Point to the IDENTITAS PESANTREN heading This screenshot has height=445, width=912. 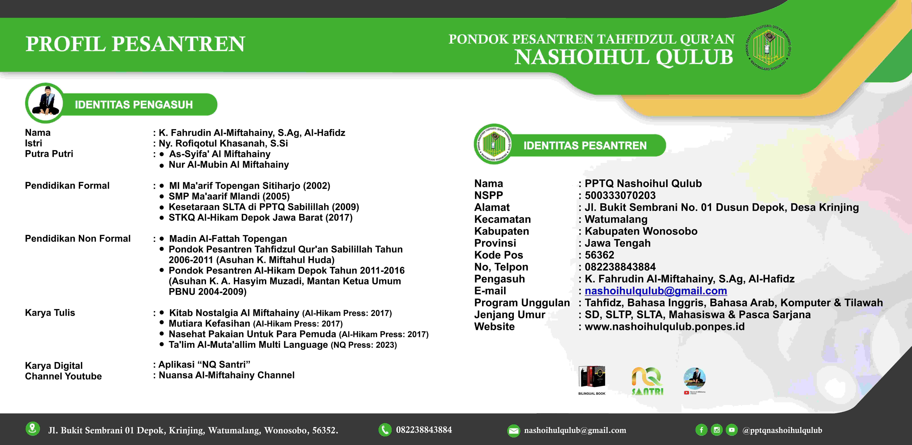coord(585,146)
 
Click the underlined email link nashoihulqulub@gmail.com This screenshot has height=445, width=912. coord(656,291)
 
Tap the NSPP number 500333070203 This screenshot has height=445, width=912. coord(620,195)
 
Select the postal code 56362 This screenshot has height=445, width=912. coord(599,255)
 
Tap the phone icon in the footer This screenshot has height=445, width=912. coord(385,430)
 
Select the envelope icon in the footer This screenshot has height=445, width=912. coord(513,431)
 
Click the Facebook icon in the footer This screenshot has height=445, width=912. coord(701,430)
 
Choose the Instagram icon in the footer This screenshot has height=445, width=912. coord(717,430)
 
